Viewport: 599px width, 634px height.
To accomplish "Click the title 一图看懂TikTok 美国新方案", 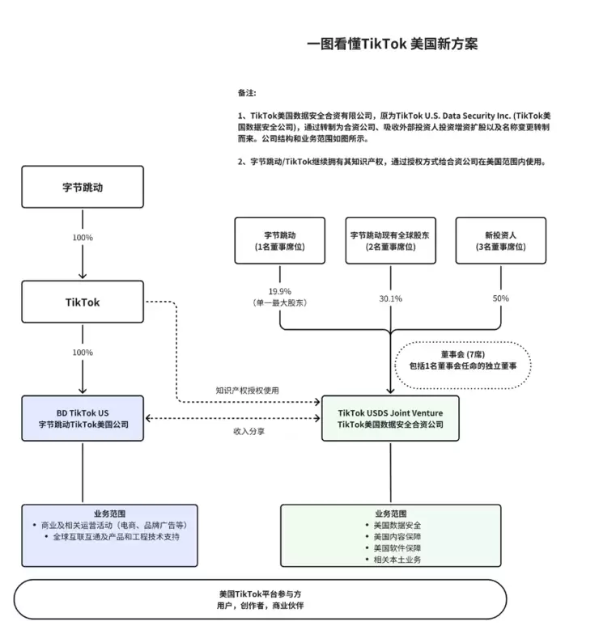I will click(393, 44).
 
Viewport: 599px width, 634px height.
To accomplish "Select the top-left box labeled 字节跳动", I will click(83, 187).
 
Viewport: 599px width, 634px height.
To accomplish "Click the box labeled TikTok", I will click(83, 302).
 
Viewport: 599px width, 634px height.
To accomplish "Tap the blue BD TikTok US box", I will click(83, 417).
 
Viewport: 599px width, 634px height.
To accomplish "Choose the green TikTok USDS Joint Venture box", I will click(390, 417).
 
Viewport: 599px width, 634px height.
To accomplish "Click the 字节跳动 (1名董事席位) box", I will click(279, 240).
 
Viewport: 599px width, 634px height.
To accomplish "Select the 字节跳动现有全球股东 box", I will click(390, 240).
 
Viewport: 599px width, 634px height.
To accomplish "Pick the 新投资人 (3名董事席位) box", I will click(500, 240).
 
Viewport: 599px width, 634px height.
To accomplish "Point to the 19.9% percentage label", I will click(279, 291).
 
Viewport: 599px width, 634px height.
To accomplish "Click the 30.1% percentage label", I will click(391, 298).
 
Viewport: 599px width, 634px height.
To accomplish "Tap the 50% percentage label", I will click(500, 298).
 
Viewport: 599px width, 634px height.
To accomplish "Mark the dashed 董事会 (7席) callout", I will click(462, 360).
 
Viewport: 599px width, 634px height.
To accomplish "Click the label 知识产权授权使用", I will click(247, 390).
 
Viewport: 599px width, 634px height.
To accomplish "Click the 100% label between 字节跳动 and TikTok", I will click(83, 238).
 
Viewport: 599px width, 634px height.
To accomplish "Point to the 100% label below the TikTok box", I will click(83, 353).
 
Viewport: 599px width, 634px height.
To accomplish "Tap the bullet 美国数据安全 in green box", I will click(397, 526).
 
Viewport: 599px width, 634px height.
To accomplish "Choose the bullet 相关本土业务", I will click(397, 560).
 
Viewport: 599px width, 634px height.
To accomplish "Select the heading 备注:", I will click(247, 93).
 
